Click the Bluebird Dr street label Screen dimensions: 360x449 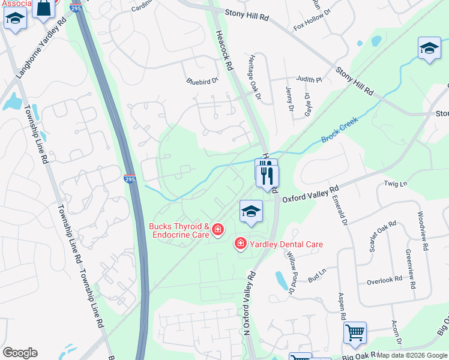pos(202,81)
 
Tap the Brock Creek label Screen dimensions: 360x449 pos(339,130)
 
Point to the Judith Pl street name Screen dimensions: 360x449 pos(309,79)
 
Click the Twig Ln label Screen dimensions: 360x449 pos(396,183)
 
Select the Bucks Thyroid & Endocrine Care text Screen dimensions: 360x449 pos(179,231)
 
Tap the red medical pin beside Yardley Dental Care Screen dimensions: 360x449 pos(240,243)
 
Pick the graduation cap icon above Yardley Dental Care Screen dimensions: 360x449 pos(252,211)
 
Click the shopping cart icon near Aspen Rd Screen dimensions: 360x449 pos(355,332)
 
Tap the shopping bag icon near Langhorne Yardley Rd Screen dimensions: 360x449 pos(44,8)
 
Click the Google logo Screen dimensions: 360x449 pos(20,353)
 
